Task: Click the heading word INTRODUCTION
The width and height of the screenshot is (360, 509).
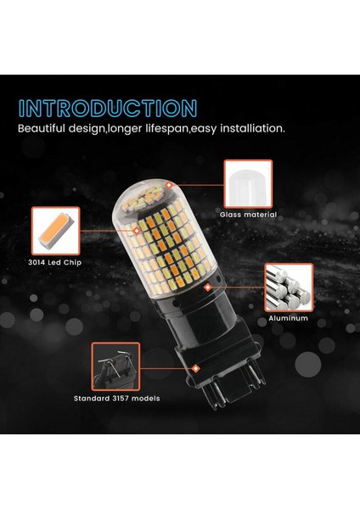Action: [x=108, y=109]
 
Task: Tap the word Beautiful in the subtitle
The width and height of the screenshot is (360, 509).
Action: [x=47, y=130]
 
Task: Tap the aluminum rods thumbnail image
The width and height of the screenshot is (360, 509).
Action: [x=289, y=288]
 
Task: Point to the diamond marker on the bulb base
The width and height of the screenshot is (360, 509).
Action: [x=197, y=366]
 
